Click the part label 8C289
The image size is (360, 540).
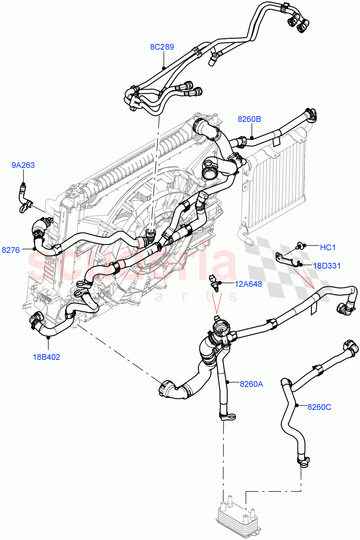pyautogui.click(x=162, y=46)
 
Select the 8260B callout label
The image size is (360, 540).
pyautogui.click(x=249, y=119)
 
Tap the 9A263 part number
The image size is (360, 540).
pyautogui.click(x=23, y=165)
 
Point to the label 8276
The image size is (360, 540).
pyautogui.click(x=11, y=250)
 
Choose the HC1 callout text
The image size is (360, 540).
pyautogui.click(x=328, y=247)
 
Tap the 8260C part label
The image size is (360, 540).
pyautogui.click(x=319, y=407)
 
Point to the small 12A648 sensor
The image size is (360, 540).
pyautogui.click(x=215, y=283)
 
